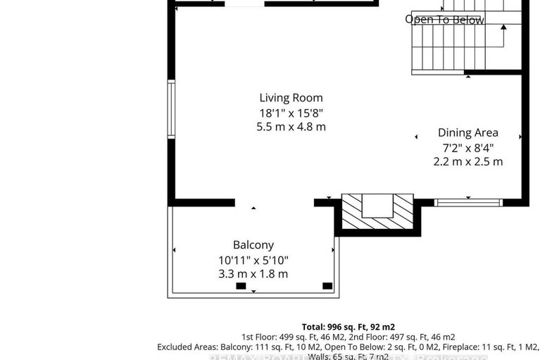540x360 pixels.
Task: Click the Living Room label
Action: point(291,98)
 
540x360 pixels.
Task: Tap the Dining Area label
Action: point(467,132)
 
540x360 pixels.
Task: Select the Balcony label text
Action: point(253,245)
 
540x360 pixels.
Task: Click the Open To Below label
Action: point(444,20)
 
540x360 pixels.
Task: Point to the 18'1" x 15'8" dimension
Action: point(291,113)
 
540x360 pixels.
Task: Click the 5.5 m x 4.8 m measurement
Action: point(291,127)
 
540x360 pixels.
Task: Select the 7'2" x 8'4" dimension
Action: point(467,147)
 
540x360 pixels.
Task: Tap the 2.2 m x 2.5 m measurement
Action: point(467,161)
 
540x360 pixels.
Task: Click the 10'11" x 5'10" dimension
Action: point(253,260)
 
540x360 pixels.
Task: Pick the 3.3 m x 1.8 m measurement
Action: point(253,274)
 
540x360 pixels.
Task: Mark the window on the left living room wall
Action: point(170,110)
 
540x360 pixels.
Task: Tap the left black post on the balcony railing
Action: point(241,286)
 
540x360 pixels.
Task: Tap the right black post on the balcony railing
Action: point(327,285)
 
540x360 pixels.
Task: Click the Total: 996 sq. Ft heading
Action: point(348,327)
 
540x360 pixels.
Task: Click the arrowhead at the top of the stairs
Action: point(504,27)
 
